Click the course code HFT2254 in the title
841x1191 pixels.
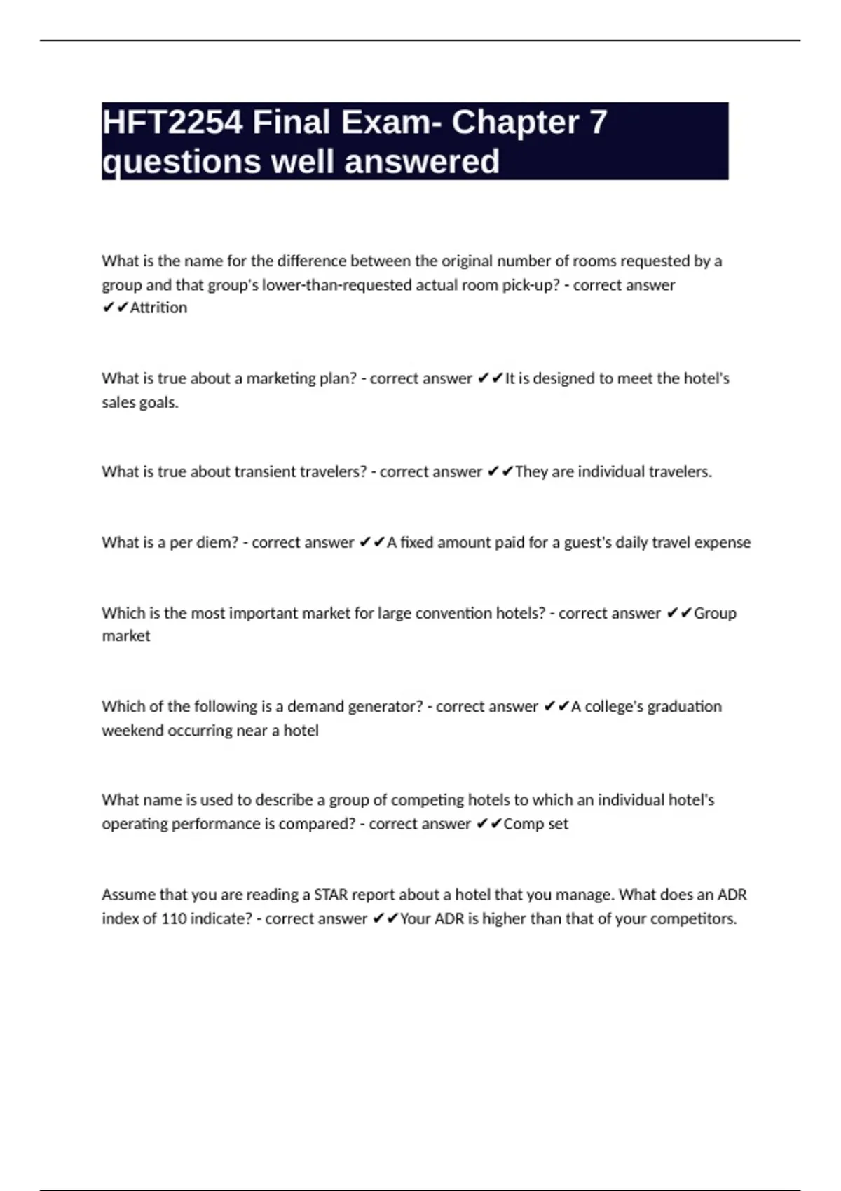[x=172, y=123]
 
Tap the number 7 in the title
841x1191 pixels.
[x=598, y=123]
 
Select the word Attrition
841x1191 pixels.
[x=158, y=308]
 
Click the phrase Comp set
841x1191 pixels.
[x=536, y=824]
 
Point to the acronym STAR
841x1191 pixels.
[x=330, y=895]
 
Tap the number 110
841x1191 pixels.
[x=173, y=918]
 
